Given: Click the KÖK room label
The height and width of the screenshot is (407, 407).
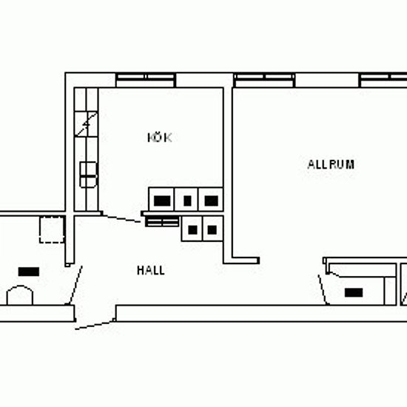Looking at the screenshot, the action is coord(160,138).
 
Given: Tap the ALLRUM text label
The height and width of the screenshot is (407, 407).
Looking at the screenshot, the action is coord(331,164).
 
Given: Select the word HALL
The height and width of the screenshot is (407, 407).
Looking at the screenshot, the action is coord(151,270).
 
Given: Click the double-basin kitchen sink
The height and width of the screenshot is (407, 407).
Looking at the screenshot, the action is coord(88,175).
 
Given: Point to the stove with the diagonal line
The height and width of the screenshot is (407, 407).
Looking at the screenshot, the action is coord(86,124).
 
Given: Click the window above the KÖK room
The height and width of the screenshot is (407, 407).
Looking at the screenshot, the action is coord(145,80).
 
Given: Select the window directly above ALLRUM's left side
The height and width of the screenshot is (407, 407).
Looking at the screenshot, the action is coord(264,80).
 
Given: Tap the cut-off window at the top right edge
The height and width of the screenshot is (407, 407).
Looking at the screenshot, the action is coord(383,80).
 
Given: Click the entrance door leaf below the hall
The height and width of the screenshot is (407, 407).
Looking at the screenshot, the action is coord(95,325).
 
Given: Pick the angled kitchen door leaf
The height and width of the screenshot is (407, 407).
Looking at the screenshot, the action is coord(121,218).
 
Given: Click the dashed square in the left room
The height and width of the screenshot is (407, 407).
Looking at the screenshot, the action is coord(52,229).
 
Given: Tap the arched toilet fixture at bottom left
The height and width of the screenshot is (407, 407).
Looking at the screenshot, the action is coord(20,295).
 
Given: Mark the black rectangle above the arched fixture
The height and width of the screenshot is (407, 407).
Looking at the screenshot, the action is coord(29,272).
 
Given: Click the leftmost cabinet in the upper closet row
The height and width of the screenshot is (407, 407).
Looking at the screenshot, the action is coord(161,199).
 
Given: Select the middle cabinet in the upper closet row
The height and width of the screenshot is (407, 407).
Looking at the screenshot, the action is coord(186,199).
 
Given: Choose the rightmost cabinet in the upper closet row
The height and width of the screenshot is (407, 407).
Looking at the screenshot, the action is coord(211,199).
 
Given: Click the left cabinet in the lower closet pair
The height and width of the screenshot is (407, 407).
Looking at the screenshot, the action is coord(192,229).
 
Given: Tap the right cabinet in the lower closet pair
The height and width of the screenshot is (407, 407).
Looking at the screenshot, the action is coord(212,229).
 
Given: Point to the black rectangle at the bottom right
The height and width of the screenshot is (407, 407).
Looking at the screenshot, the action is coord(354,292).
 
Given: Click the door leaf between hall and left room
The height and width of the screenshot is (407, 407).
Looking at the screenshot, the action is coord(75,285).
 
